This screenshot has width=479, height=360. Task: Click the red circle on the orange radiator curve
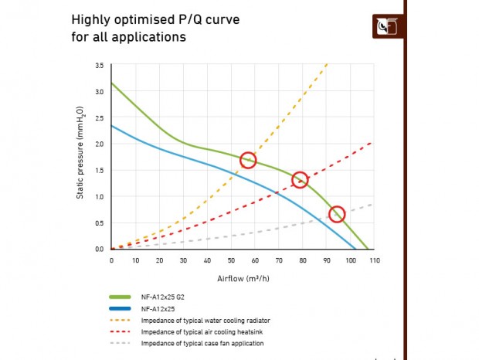pyautogui.click(x=248, y=160)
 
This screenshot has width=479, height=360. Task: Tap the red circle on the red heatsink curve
pyautogui.click(x=300, y=180)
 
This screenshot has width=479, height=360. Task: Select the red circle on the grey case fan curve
pyautogui.click(x=336, y=214)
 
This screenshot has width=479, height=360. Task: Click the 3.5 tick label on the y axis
pyautogui.click(x=100, y=66)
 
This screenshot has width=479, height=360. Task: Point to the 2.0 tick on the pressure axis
pyautogui.click(x=100, y=144)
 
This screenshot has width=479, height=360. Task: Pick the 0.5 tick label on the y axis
pyautogui.click(x=100, y=223)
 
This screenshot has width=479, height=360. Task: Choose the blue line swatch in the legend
pyautogui.click(x=121, y=308)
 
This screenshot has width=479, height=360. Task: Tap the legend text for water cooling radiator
pyautogui.click(x=205, y=320)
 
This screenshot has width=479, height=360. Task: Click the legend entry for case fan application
pyautogui.click(x=202, y=342)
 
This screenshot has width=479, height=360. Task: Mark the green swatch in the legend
pyautogui.click(x=121, y=297)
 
